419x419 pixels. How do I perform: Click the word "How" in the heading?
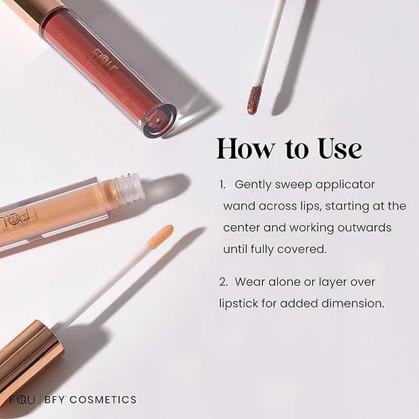(245, 149)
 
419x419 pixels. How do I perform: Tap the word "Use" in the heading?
(340, 149)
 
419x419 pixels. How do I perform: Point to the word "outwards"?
(364, 228)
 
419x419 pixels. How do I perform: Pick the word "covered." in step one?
(301, 249)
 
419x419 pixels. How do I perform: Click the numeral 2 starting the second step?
(223, 282)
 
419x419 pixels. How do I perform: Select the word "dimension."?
(353, 303)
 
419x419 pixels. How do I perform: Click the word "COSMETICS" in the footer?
(103, 400)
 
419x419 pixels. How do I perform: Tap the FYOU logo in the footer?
(22, 400)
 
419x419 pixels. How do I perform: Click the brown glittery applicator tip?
(254, 100)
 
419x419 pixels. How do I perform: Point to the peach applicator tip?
(160, 236)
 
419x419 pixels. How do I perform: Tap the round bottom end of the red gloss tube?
(159, 120)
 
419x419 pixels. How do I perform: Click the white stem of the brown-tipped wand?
(269, 43)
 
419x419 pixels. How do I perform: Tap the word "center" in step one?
(241, 228)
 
